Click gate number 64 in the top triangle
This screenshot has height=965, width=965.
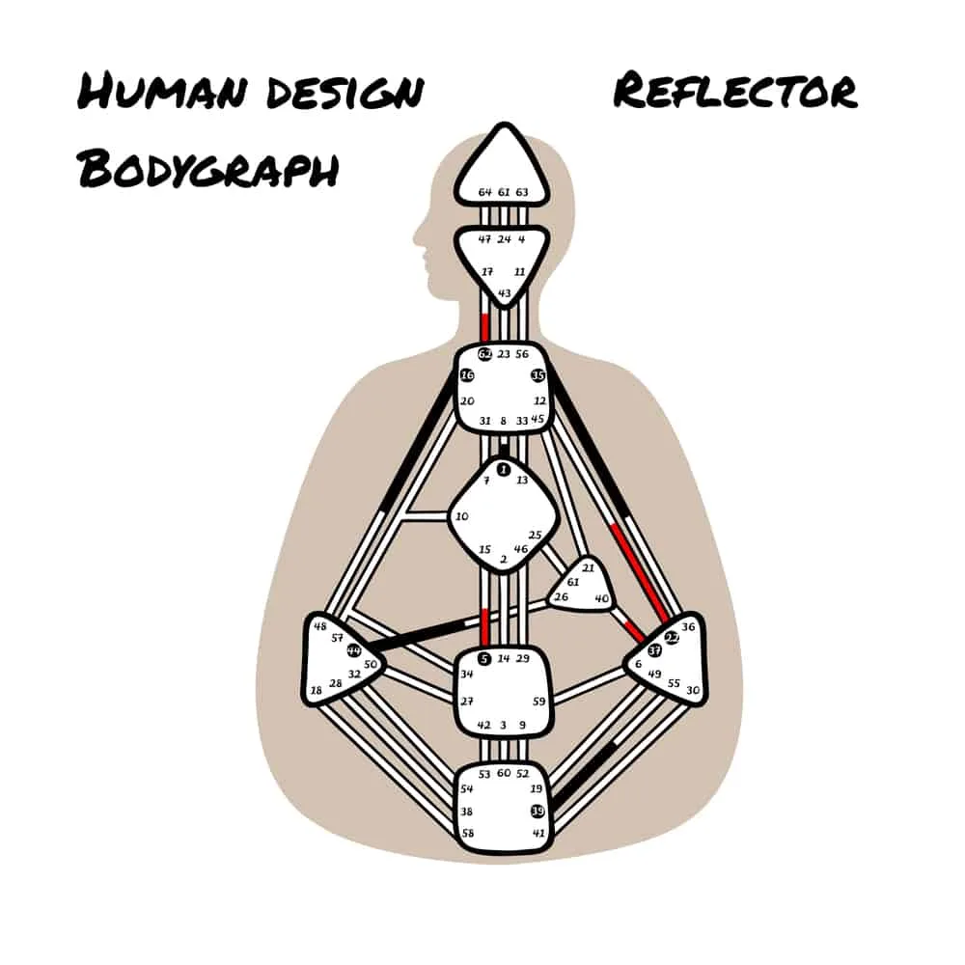tap(485, 193)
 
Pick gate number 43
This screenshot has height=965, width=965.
tap(504, 293)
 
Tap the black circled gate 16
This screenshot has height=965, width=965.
tap(467, 375)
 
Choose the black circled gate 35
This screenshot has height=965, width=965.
tap(538, 375)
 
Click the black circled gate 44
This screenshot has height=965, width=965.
tap(354, 650)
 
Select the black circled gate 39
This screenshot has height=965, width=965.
tap(538, 811)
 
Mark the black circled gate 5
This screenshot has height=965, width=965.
tap(483, 658)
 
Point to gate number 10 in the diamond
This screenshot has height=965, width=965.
tap(461, 517)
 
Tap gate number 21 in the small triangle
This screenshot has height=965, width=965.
tap(588, 567)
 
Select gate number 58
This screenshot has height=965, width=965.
tap(467, 832)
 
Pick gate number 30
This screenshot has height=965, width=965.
tap(693, 691)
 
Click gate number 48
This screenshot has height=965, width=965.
tap(319, 624)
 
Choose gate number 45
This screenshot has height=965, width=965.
tap(538, 419)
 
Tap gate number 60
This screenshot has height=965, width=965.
tap(503, 773)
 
